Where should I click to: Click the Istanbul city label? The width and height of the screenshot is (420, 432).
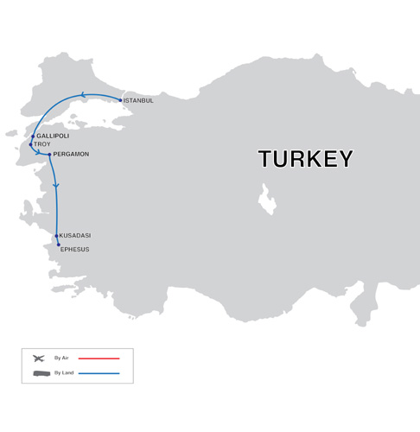click(x=139, y=101)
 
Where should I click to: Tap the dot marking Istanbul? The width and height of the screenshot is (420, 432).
click(x=120, y=99)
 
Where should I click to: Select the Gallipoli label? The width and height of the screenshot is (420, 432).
click(x=54, y=137)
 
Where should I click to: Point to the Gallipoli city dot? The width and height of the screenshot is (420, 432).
click(x=33, y=136)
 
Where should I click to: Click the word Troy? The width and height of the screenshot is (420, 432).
click(x=42, y=144)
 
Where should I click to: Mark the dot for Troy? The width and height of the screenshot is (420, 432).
click(x=31, y=144)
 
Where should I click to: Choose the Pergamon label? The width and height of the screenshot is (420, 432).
click(x=71, y=155)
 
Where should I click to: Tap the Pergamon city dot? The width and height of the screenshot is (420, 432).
click(x=50, y=155)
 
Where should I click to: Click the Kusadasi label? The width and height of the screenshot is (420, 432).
click(x=75, y=236)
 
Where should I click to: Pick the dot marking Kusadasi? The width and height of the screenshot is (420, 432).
click(x=56, y=236)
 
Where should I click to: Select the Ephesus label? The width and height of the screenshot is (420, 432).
click(x=74, y=250)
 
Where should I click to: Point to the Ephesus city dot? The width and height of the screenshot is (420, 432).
click(x=59, y=245)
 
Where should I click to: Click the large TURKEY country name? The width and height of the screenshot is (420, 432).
click(x=305, y=159)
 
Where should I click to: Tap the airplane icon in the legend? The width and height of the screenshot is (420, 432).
click(x=38, y=358)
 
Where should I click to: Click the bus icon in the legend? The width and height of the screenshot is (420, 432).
click(x=41, y=373)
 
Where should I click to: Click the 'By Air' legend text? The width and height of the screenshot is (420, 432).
click(x=61, y=358)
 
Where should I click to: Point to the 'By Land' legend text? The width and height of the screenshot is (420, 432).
click(x=63, y=373)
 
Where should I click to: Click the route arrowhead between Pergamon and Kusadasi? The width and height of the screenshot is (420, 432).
click(x=55, y=186)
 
